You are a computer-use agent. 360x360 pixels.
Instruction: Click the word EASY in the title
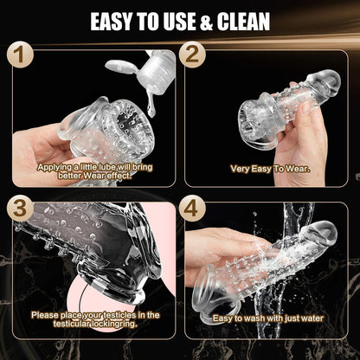112,21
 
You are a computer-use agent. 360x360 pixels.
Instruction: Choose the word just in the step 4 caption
288,318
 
